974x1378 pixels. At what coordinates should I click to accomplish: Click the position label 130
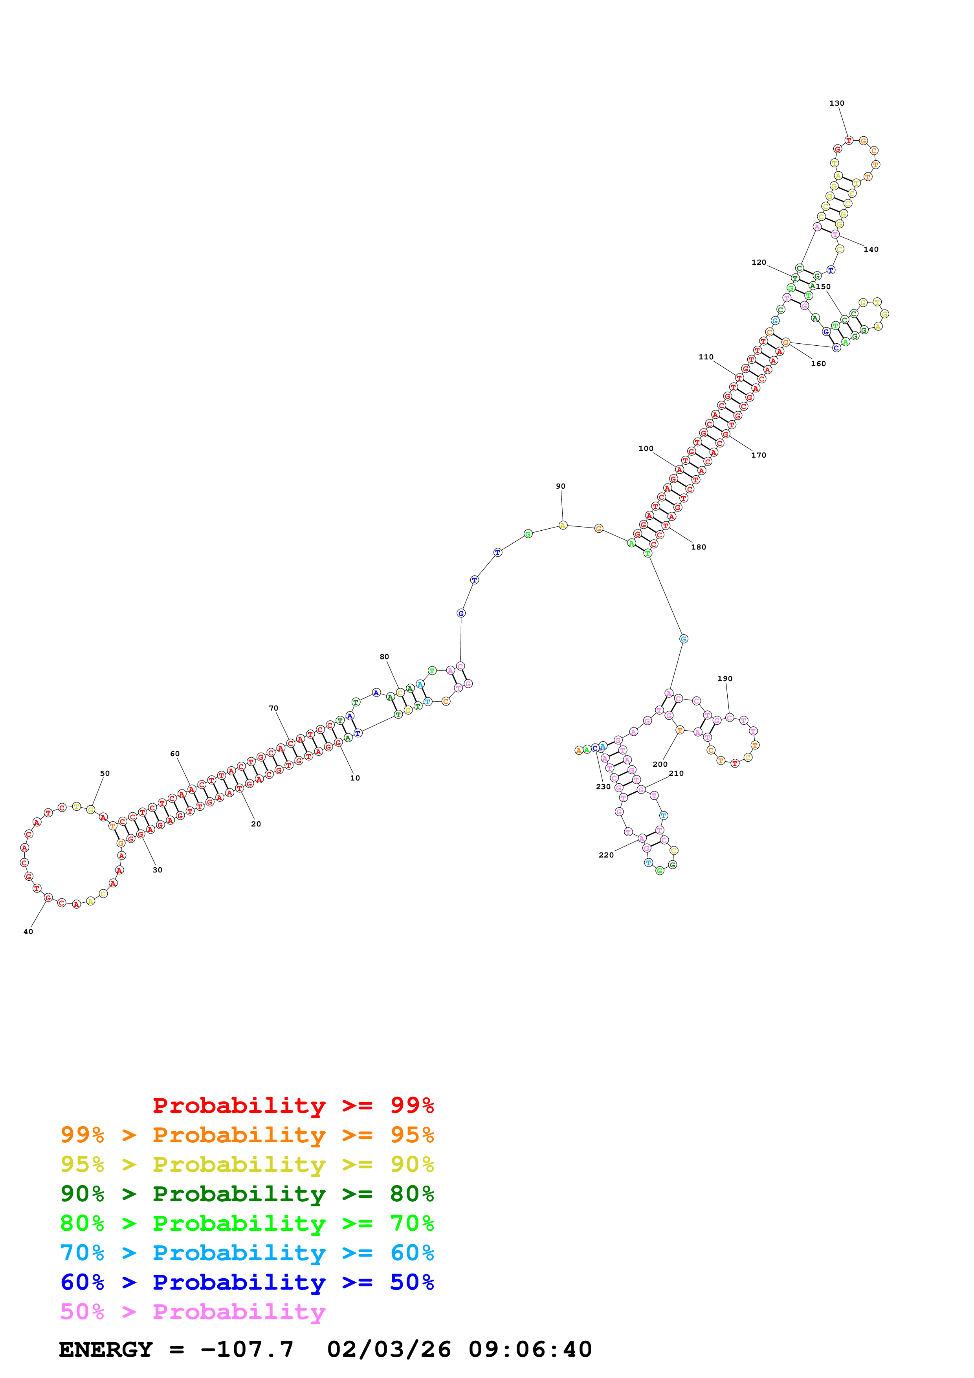(836, 103)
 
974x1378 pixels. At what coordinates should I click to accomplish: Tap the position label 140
(871, 249)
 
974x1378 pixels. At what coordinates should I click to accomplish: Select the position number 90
(561, 486)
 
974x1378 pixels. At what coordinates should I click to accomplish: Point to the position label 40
(28, 931)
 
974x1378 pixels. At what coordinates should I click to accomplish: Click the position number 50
(105, 773)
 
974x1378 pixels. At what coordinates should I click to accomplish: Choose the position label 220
(606, 855)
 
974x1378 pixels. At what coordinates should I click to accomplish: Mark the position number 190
(725, 678)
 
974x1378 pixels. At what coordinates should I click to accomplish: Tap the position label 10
(355, 778)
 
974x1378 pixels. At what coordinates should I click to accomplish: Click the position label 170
(759, 455)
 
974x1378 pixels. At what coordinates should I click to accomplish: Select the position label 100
(646, 448)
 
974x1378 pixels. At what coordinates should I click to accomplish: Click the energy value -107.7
(247, 1349)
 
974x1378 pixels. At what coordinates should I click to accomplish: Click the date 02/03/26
(389, 1349)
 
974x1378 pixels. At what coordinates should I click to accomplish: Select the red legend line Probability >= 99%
(293, 1105)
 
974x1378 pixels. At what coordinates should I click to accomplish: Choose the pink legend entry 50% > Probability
(192, 1311)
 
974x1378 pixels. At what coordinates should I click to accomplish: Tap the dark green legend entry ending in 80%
(247, 1194)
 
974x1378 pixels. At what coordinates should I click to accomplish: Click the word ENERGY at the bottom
(106, 1349)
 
